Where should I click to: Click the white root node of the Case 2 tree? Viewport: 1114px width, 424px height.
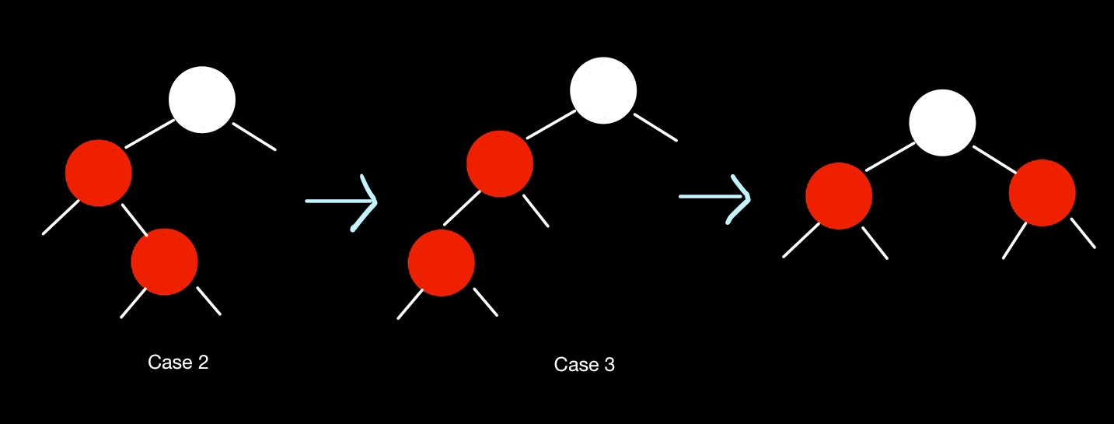pyautogui.click(x=202, y=100)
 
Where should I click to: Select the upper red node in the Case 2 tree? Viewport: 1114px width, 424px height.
pyautogui.click(x=99, y=173)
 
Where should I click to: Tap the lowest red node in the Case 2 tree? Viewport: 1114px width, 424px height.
pyautogui.click(x=164, y=261)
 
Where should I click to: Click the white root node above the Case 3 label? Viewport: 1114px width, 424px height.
pyautogui.click(x=603, y=91)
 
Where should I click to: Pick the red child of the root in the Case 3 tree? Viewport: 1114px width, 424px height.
pyautogui.click(x=500, y=163)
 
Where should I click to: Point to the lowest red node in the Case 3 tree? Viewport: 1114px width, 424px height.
pyautogui.click(x=441, y=262)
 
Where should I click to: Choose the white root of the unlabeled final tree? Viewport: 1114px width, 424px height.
pyautogui.click(x=942, y=122)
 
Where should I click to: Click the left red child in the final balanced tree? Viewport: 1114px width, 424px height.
pyautogui.click(x=839, y=195)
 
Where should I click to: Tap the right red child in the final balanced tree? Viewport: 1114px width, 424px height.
pyautogui.click(x=1042, y=193)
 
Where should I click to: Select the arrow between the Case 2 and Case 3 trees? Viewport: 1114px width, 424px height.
pyautogui.click(x=342, y=201)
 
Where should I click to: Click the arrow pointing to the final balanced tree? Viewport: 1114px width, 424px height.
pyautogui.click(x=716, y=198)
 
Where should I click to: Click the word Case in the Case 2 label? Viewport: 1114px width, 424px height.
pyautogui.click(x=166, y=363)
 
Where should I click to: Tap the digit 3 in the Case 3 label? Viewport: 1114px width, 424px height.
pyautogui.click(x=609, y=365)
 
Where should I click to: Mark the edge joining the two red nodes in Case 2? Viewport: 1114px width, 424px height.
pyautogui.click(x=134, y=219)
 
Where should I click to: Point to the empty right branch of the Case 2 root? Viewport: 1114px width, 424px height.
pyautogui.click(x=254, y=136)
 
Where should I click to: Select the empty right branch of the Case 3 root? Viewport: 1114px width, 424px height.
pyautogui.click(x=655, y=128)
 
